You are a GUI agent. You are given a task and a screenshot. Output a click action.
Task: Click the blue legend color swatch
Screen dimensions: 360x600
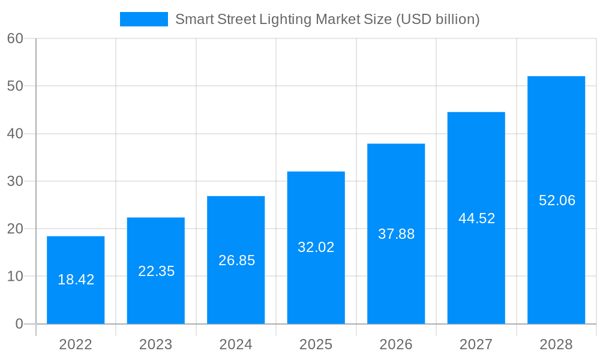tap(144, 19)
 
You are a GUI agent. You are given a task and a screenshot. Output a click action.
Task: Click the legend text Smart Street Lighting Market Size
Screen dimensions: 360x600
tap(327, 19)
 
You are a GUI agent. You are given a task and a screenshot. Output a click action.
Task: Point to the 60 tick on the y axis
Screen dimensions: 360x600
tap(15, 38)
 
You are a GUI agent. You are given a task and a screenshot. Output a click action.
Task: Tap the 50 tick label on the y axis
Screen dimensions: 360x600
tap(15, 86)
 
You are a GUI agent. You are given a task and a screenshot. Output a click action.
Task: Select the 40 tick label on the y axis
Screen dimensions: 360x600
tap(15, 134)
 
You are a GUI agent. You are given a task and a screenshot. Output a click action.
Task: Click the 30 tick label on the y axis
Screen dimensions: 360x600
tap(15, 181)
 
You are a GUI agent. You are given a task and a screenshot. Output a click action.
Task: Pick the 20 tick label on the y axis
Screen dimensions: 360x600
tap(15, 229)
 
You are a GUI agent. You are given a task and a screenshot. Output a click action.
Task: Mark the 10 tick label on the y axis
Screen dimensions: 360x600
tap(15, 277)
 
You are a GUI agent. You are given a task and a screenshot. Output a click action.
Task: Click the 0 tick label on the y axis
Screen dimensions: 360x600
tap(19, 324)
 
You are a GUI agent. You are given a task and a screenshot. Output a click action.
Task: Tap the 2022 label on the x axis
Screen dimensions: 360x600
tap(76, 344)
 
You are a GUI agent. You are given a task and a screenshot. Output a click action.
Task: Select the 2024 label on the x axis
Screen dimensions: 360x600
tap(236, 344)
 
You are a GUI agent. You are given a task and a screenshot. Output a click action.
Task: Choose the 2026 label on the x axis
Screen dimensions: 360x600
tap(396, 344)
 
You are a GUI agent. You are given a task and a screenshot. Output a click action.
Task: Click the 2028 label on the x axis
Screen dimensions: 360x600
tap(556, 344)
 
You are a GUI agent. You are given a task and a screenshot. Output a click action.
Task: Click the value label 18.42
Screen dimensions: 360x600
tap(76, 280)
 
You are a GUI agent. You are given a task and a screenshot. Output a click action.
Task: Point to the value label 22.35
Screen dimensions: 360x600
tap(156, 271)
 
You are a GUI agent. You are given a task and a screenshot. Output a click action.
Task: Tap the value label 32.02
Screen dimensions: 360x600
tap(316, 247)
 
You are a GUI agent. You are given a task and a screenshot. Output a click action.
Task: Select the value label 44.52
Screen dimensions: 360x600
tap(476, 218)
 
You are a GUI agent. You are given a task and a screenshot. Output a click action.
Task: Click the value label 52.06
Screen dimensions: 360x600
tap(557, 200)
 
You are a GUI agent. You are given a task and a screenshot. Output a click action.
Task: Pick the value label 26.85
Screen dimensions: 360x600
tap(236, 260)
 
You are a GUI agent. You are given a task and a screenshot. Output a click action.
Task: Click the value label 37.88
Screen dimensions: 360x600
tap(396, 234)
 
